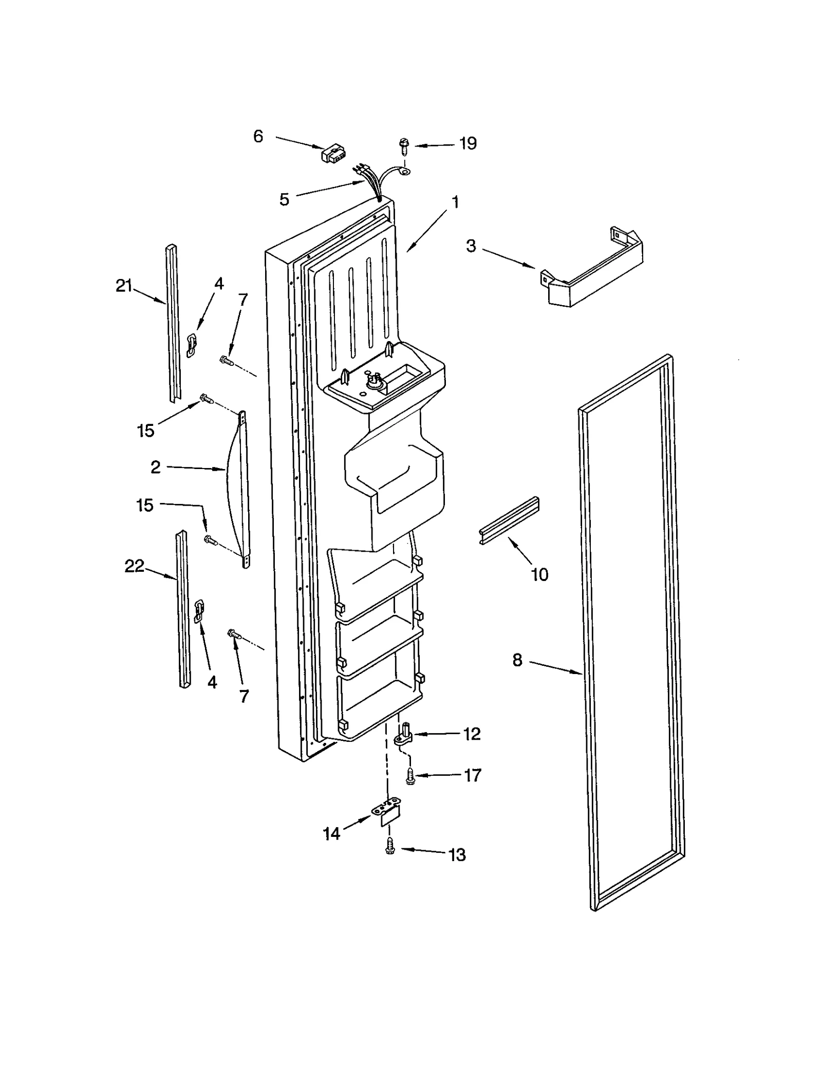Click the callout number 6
[x=258, y=136]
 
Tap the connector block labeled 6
[x=332, y=153]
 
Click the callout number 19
[x=468, y=143]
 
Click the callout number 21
[x=124, y=286]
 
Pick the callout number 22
[x=134, y=566]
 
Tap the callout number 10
[x=539, y=574]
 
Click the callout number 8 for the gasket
[x=517, y=660]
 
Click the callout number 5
[x=284, y=199]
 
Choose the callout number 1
[x=455, y=202]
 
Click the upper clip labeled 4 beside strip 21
[x=191, y=344]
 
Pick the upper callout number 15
[x=145, y=431]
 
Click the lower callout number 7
[x=244, y=696]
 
